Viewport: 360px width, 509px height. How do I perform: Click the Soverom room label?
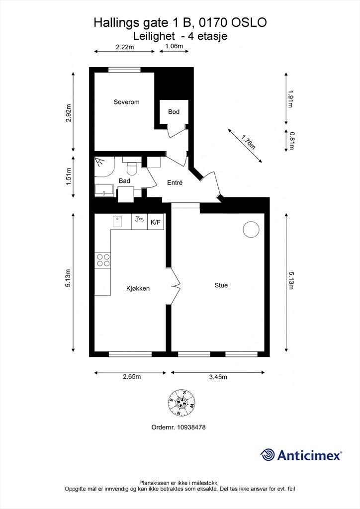click(126, 102)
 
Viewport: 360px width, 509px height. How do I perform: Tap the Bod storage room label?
click(174, 112)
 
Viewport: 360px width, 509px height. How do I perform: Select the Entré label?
click(175, 183)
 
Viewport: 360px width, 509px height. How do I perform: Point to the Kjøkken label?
click(138, 288)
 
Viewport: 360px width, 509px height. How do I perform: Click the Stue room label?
click(221, 285)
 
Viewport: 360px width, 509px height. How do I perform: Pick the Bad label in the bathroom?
click(124, 181)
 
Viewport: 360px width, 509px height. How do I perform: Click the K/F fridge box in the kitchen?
click(156, 222)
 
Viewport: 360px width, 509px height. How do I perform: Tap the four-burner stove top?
click(103, 260)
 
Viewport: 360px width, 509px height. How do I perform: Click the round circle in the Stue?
click(251, 229)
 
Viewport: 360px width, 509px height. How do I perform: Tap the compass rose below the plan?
click(181, 402)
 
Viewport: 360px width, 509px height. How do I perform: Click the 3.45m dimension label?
click(217, 377)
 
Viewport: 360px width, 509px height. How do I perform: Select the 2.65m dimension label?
click(132, 377)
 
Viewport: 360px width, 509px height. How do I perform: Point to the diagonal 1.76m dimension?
click(248, 142)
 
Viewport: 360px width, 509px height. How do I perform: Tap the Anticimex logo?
click(301, 455)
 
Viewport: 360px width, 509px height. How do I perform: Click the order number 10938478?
click(179, 427)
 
